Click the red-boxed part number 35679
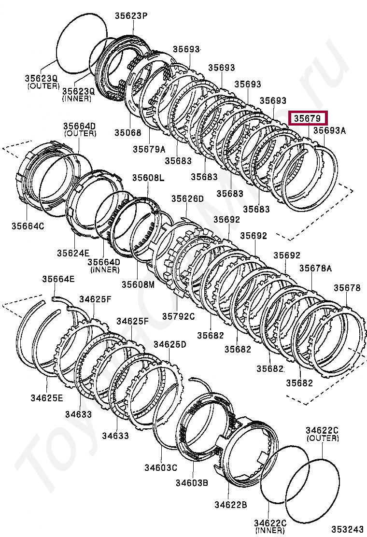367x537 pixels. pos(308,118)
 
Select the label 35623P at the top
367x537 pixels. pos(131,16)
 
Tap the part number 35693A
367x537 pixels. pos(330,130)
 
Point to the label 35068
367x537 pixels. pos(128,132)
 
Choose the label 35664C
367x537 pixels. pos(28,225)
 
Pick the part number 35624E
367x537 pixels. pos(73,253)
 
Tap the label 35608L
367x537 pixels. pos(148,178)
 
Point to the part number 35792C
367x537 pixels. pos(178,316)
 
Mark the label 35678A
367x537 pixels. pos(315,268)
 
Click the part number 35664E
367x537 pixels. pos(58,279)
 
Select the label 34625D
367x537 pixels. pos(170,344)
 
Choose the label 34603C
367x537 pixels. pos(160,467)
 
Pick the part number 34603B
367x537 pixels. pos(192,482)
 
